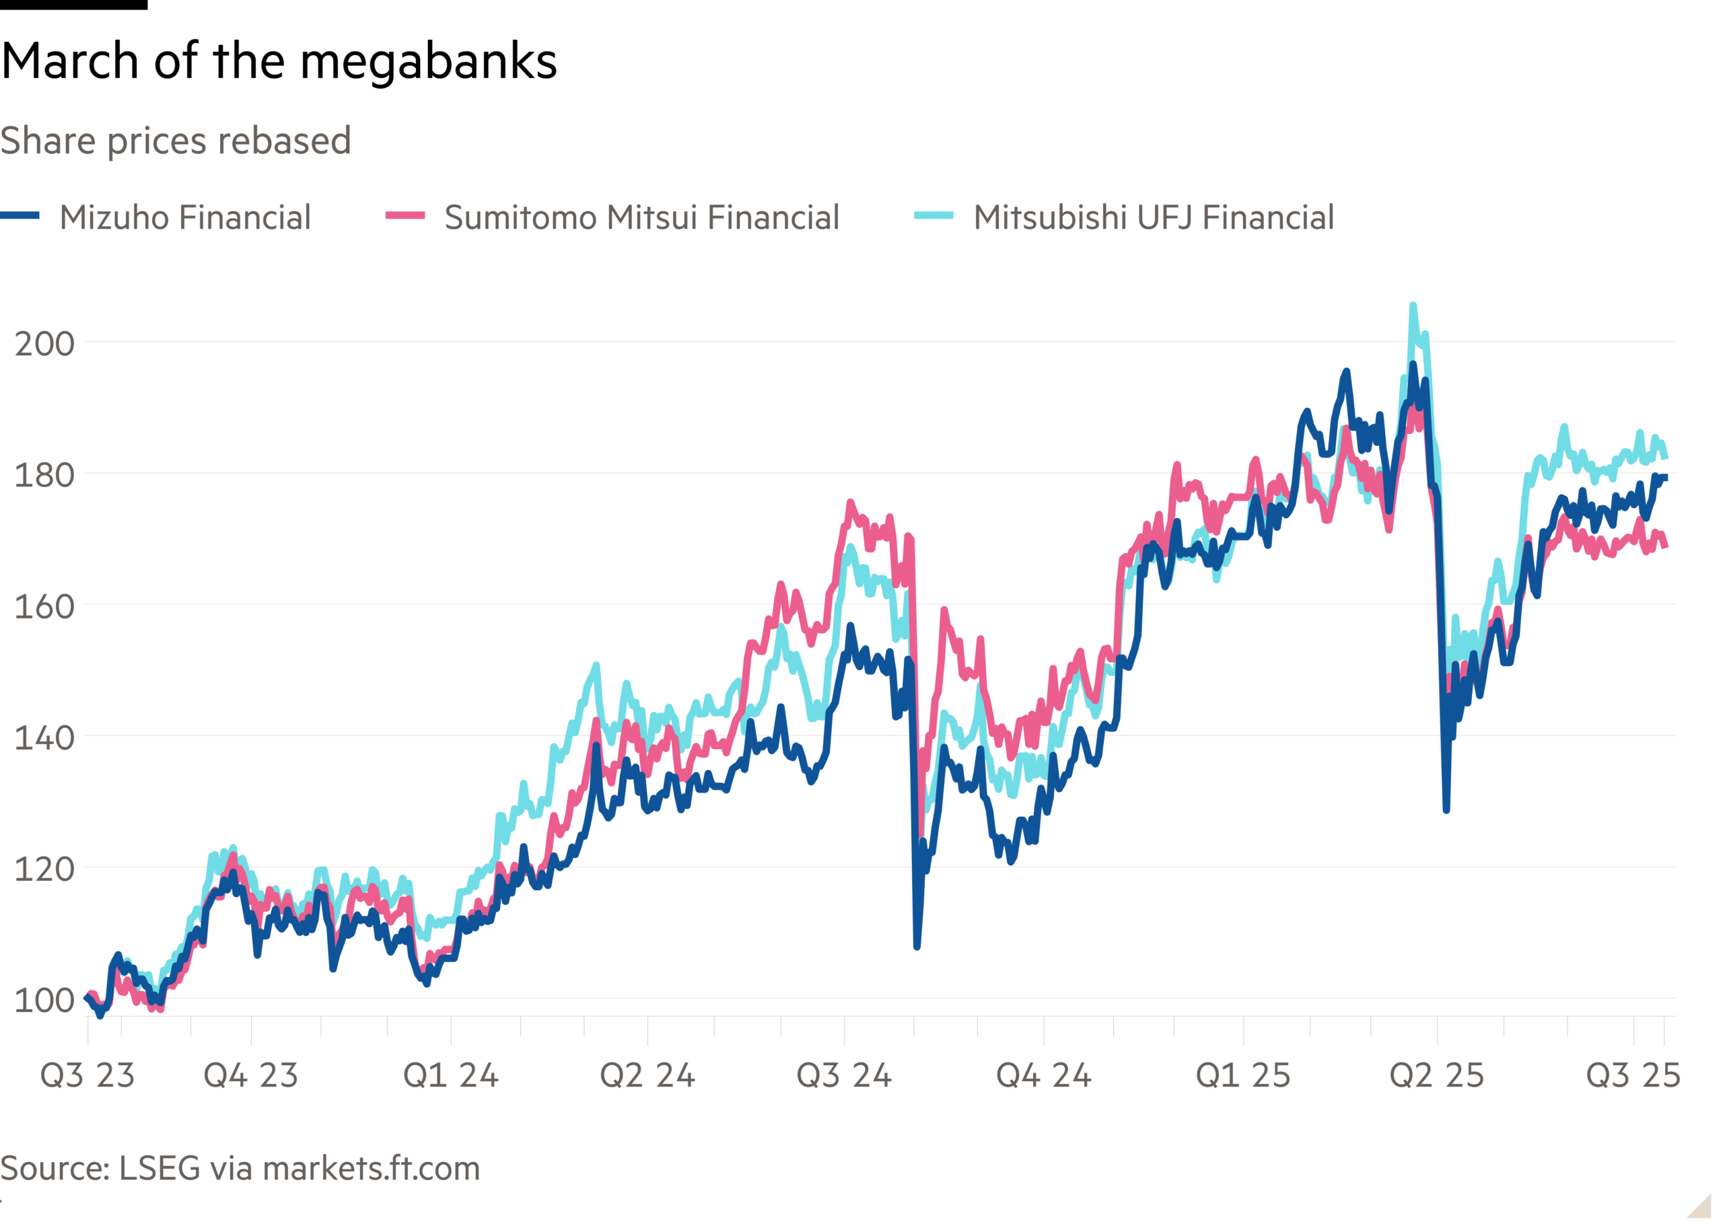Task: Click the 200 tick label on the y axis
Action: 44,344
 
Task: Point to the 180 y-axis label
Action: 44,476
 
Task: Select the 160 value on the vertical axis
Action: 44,607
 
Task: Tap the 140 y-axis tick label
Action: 44,737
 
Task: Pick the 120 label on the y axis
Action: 44,869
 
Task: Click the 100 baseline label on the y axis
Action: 44,1001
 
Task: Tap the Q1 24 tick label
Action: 451,1075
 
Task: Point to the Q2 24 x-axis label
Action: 647,1075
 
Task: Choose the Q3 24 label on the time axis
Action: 845,1075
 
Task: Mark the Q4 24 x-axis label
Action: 1044,1075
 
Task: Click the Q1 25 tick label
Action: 1243,1075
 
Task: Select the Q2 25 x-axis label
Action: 1437,1075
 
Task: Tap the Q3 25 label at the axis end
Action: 1633,1075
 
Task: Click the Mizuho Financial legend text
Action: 186,217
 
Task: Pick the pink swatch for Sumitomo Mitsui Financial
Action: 405,217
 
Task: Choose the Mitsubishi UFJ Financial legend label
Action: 1154,217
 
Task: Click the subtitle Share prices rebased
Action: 175,141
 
